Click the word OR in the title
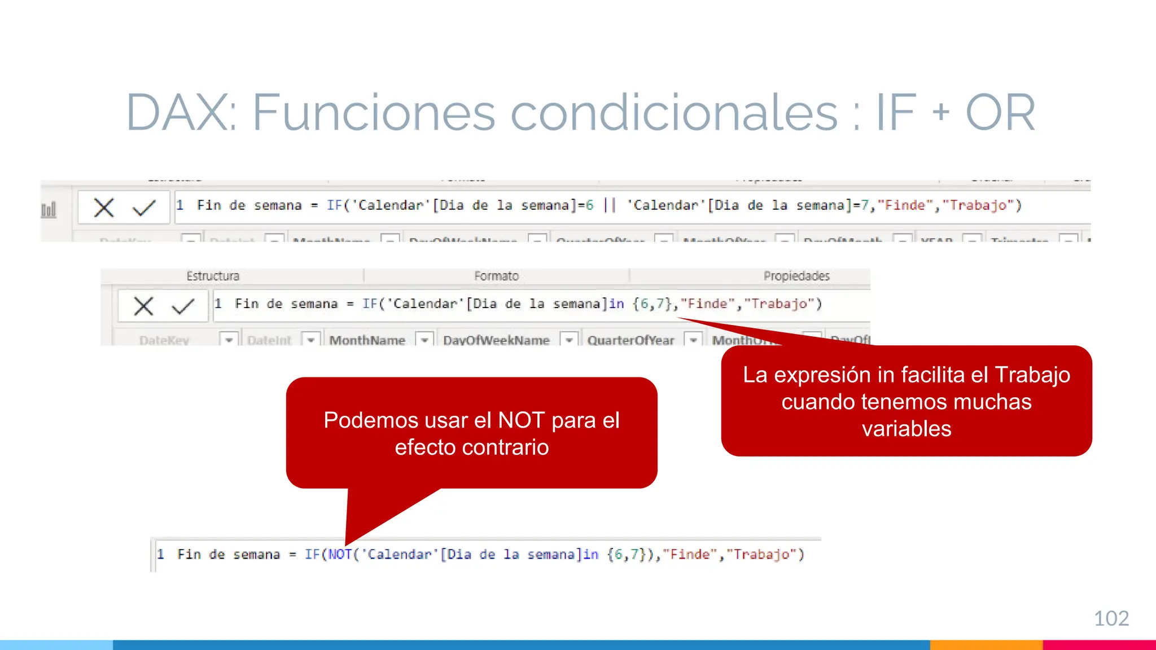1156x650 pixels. [x=1000, y=113]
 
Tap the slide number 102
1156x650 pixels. [x=1111, y=618]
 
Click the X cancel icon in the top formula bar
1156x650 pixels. [x=104, y=208]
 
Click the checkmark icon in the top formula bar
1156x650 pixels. [x=144, y=208]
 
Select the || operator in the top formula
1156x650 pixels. [x=610, y=205]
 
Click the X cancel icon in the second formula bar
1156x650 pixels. [x=143, y=306]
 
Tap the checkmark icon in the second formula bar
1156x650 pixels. [x=183, y=306]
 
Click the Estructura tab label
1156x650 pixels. [x=213, y=276]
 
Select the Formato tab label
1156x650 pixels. [x=496, y=276]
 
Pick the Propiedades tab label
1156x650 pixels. [x=796, y=276]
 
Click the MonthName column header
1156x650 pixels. [x=367, y=340]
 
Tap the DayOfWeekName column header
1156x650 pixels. [x=496, y=340]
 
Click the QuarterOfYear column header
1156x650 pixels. [x=630, y=340]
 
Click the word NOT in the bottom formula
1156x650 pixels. [x=340, y=555]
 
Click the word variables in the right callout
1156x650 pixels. [x=907, y=429]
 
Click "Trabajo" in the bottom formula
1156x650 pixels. [x=761, y=555]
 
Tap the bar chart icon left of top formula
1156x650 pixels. [x=49, y=210]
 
